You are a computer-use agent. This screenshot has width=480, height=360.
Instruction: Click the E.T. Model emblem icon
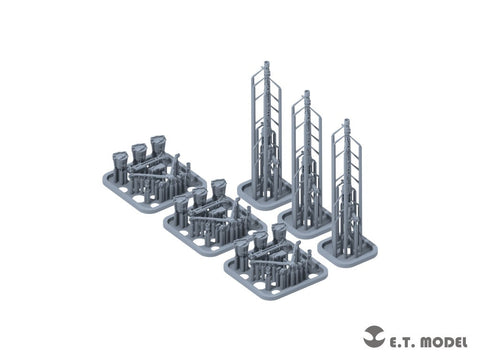(374, 337)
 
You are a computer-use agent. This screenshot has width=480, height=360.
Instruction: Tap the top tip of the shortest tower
(347, 120)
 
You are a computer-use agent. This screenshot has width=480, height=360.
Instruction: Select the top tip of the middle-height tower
(307, 92)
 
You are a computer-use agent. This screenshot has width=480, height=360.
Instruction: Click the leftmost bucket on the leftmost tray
(120, 160)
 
